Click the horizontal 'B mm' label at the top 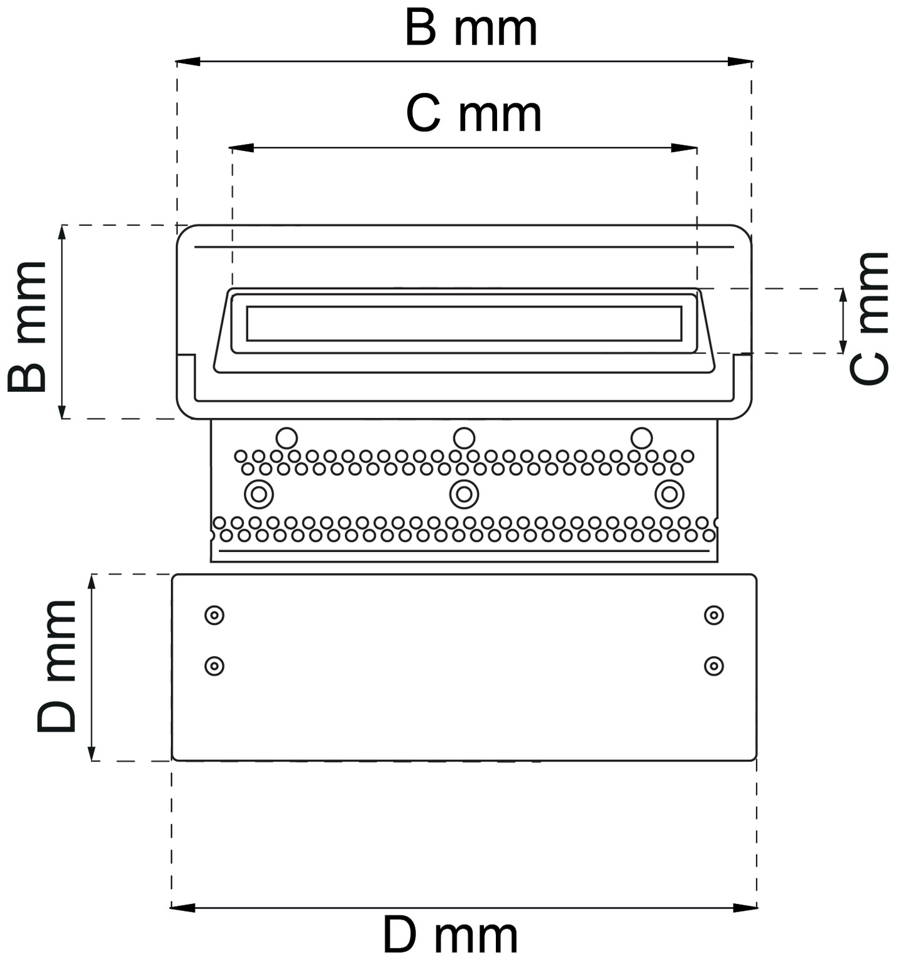471,29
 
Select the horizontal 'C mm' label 473,114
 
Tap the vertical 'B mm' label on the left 28,326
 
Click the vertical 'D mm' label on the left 57,666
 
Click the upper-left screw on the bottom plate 214,615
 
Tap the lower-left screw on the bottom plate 214,665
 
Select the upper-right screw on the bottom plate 714,615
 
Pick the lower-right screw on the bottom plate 714,665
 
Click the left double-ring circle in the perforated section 259,494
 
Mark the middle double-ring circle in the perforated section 464,494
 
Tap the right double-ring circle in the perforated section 669,494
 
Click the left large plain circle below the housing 287,438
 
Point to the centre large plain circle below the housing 464,438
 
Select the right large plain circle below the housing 642,438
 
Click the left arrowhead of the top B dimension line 188,62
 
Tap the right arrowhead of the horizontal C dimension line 684,148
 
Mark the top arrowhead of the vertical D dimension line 92,583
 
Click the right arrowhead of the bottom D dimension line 745,907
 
